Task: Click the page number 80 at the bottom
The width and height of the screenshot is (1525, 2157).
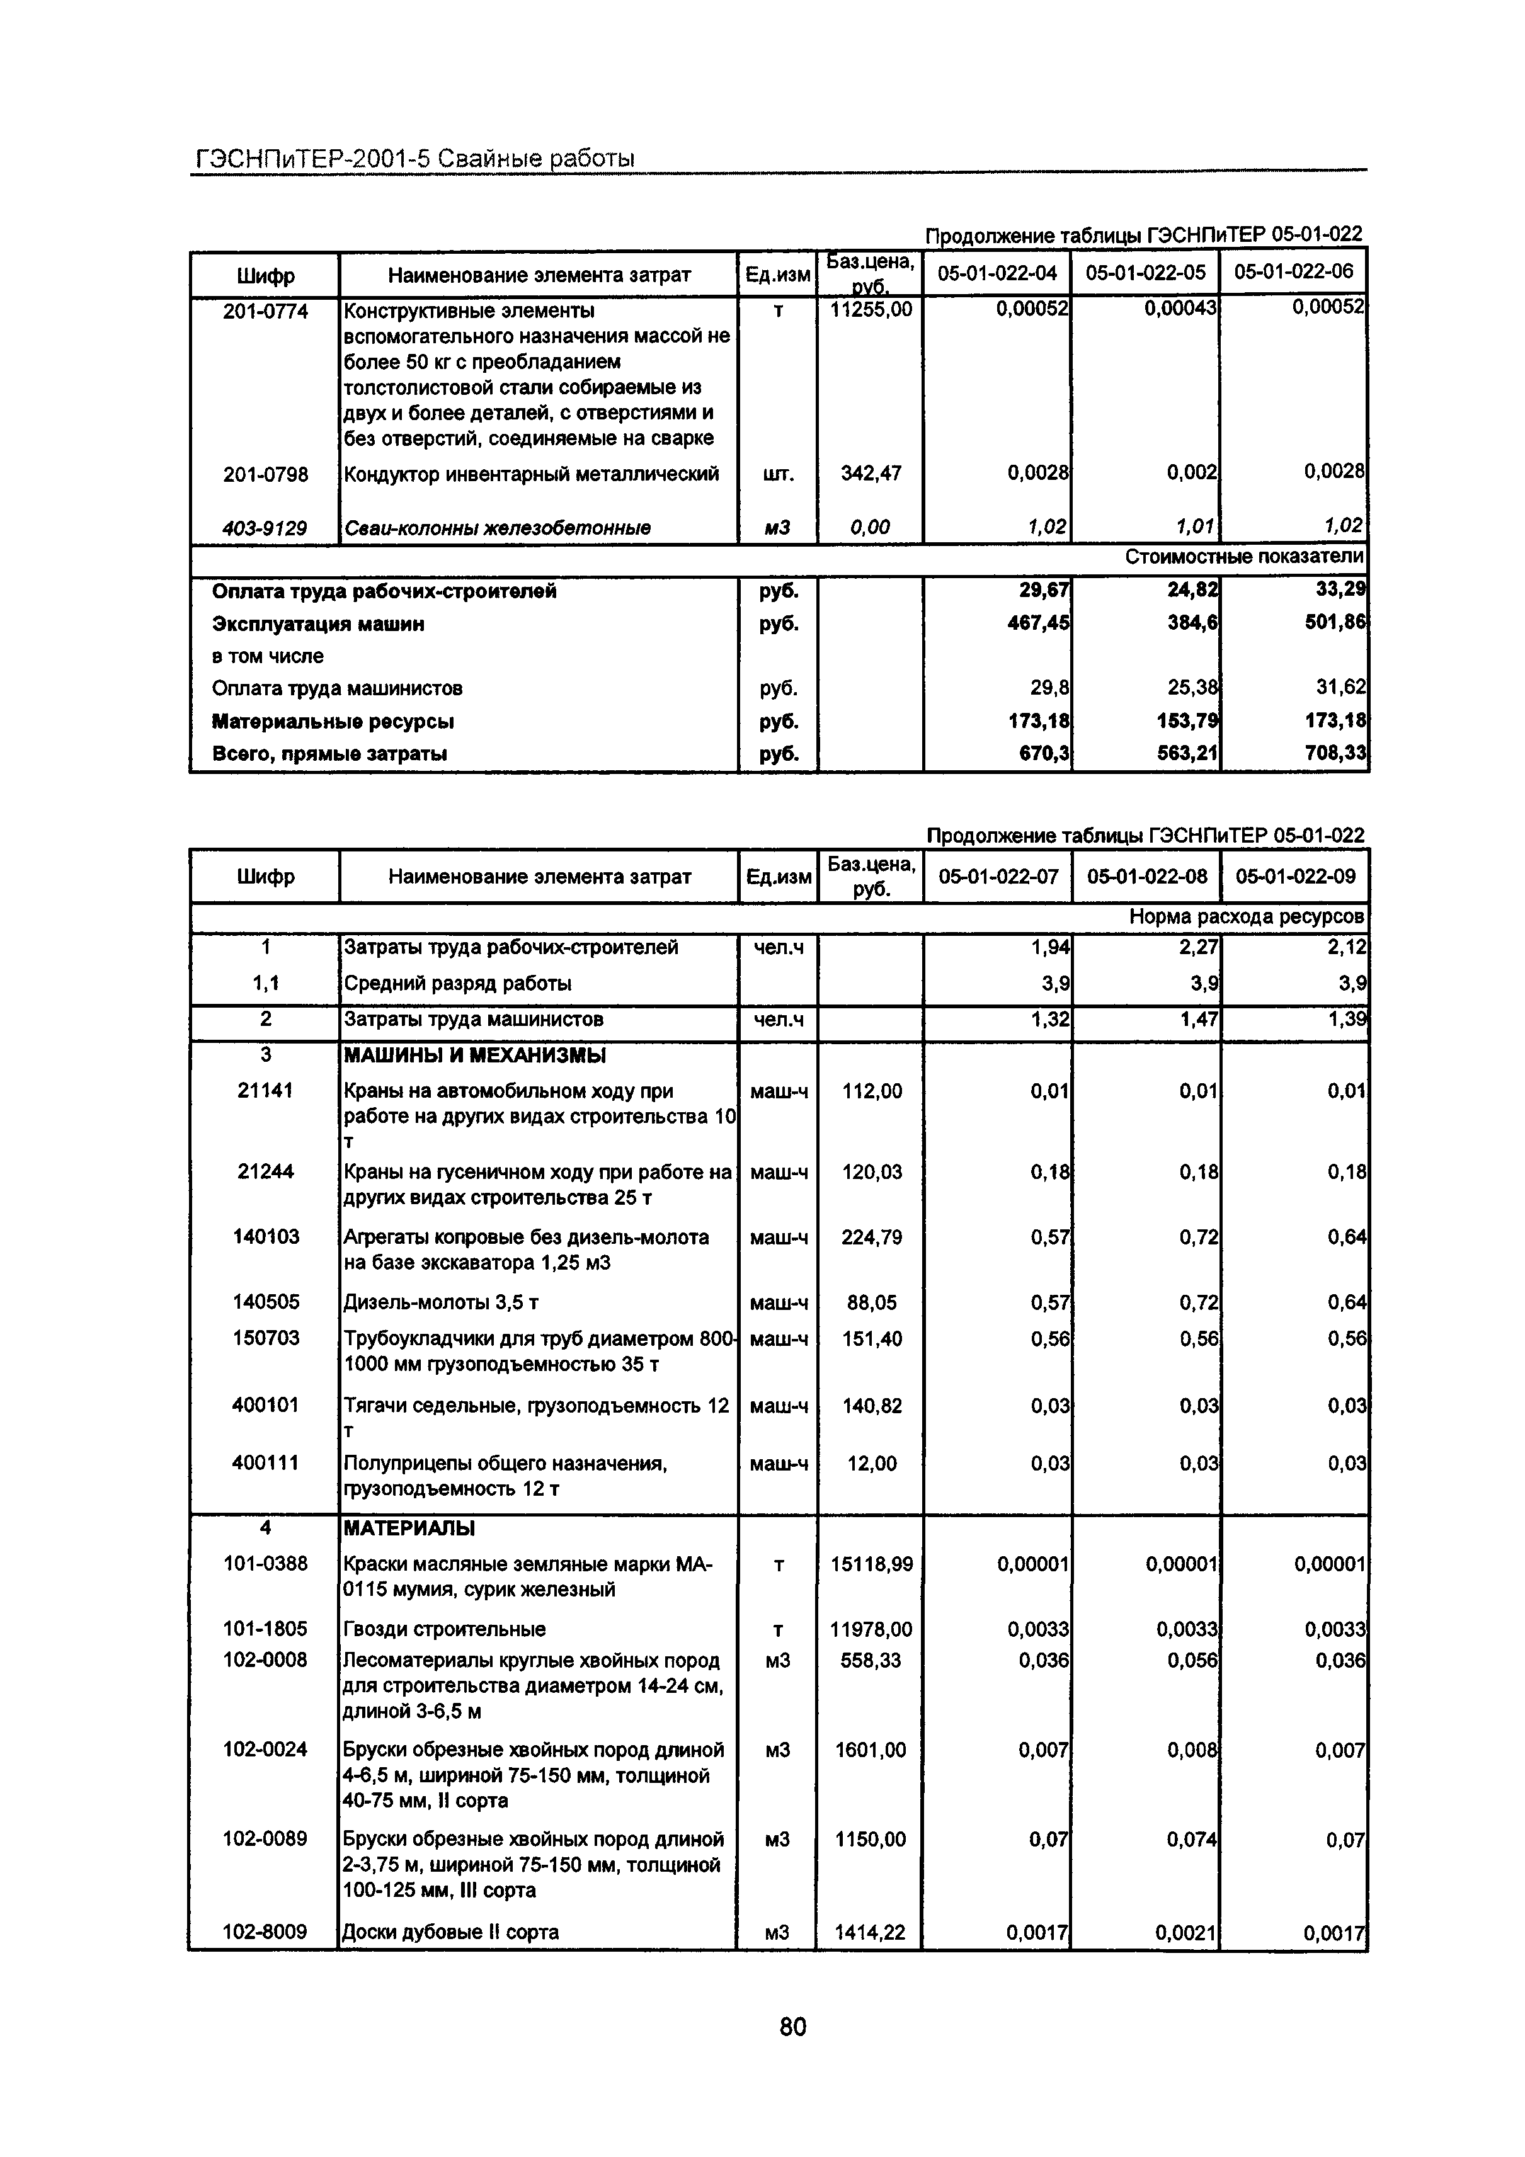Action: tap(792, 2027)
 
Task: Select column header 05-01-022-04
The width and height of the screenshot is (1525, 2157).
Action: tap(997, 273)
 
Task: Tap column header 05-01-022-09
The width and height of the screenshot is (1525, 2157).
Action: tap(1295, 877)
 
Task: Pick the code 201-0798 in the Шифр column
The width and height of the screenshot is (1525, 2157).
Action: tap(265, 474)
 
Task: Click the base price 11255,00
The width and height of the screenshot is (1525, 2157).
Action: tap(870, 310)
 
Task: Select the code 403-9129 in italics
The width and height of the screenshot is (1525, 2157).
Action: tap(265, 528)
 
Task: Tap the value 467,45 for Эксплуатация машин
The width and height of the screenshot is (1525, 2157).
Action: tap(1037, 624)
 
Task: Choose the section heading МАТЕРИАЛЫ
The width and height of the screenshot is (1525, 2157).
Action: tap(409, 1528)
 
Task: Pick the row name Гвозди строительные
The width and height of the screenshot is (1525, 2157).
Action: tap(445, 1630)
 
